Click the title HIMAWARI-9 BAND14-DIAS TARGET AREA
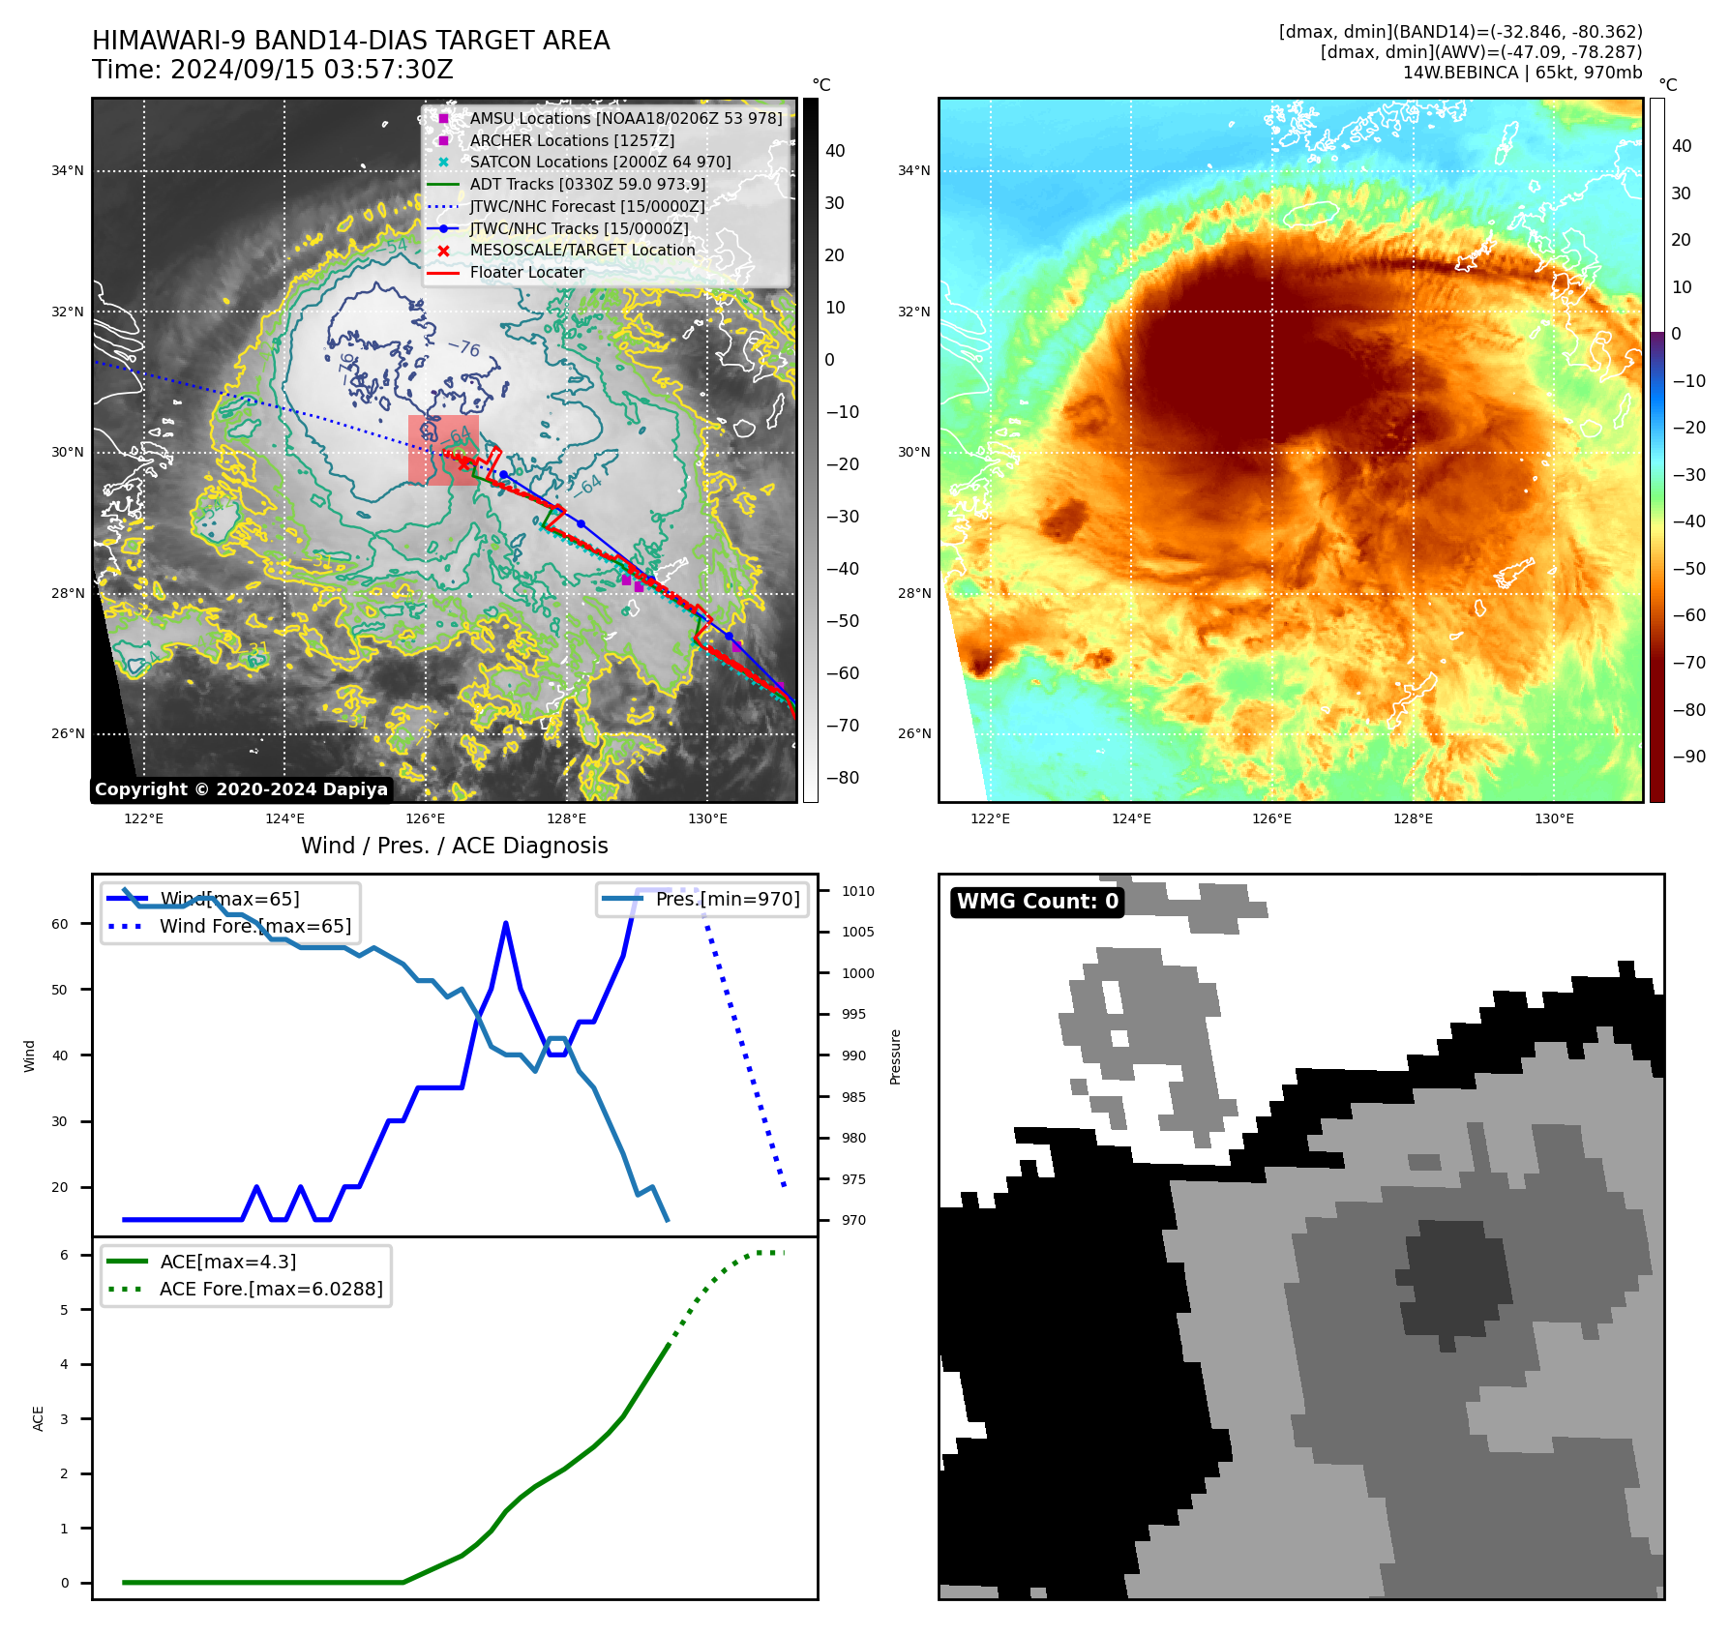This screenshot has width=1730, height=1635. [350, 41]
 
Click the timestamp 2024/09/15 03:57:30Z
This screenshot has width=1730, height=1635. [312, 71]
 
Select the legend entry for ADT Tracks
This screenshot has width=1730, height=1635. [587, 184]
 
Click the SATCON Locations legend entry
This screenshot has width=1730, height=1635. [600, 163]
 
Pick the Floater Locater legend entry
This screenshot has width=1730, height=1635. [526, 273]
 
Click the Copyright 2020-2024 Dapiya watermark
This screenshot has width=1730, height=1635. [241, 789]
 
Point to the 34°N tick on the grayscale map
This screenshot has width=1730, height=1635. [68, 171]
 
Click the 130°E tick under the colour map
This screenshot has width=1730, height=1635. [1554, 818]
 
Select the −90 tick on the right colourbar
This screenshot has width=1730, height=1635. [1688, 757]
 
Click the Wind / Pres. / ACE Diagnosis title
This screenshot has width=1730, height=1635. [454, 846]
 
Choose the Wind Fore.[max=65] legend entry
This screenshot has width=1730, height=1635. [255, 926]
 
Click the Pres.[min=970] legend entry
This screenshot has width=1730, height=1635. [727, 899]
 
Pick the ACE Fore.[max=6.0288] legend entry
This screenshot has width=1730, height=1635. [270, 1289]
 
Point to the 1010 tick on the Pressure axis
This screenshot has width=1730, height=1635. [857, 891]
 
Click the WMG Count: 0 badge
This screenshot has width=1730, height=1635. [1037, 902]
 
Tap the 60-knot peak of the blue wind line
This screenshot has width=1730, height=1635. [505, 924]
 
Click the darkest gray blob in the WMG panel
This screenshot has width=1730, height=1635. [1456, 1277]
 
